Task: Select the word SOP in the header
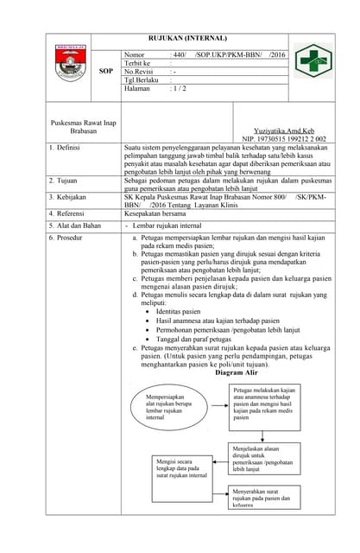pyautogui.click(x=106, y=73)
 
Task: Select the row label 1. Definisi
pyautogui.click(x=65, y=149)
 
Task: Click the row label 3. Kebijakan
pyautogui.click(x=66, y=198)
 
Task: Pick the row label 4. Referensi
pyautogui.click(x=66, y=214)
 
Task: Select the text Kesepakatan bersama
pyautogui.click(x=158, y=214)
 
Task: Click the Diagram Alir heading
pyautogui.click(x=236, y=373)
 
